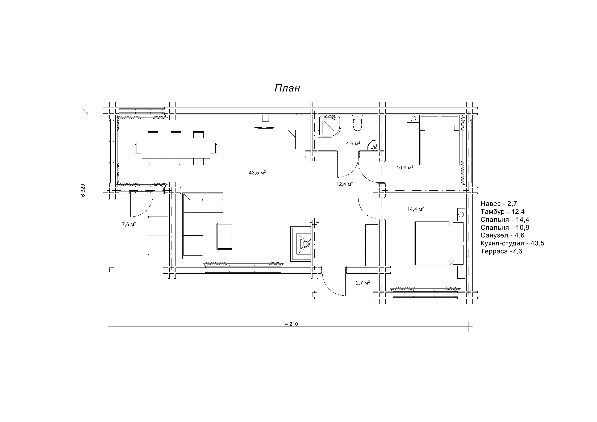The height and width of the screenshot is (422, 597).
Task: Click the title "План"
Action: tap(287, 88)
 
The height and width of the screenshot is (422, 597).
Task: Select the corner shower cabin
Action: tap(329, 126)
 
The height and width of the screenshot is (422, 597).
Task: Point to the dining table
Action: tap(176, 148)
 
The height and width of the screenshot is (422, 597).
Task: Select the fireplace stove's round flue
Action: tap(305, 243)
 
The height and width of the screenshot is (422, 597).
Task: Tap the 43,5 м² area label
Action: tap(257, 173)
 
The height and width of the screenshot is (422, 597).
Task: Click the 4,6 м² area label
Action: tap(353, 144)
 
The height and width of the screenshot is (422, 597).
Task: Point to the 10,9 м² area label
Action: tap(405, 168)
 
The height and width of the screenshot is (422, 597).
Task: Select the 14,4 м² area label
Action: tap(415, 209)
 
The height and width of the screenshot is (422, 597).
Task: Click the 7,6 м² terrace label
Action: tap(129, 224)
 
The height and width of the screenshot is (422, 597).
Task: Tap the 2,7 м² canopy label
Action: tap(363, 283)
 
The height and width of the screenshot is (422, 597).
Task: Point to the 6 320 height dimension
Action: tap(83, 190)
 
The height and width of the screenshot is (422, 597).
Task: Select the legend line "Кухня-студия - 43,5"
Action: tap(512, 243)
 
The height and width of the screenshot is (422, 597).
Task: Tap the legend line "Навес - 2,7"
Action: tap(499, 204)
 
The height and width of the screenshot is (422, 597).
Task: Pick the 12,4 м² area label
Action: tap(345, 184)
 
